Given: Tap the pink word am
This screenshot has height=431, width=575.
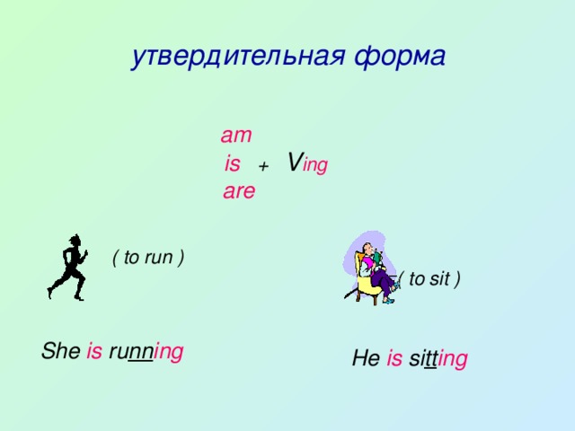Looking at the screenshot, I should coord(235,136).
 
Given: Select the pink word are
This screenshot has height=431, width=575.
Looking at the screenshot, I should coord(239,191).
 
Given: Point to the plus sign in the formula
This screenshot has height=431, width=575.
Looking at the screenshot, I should coord(263,167).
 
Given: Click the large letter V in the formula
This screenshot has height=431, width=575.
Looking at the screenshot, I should coord(294,163).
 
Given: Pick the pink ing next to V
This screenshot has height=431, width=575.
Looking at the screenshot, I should coord(315,166).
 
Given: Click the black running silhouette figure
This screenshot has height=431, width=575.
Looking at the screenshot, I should coord(68,267).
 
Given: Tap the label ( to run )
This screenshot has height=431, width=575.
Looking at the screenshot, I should coord(148,258).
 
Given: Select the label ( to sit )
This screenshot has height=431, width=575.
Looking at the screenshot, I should coord(429,279).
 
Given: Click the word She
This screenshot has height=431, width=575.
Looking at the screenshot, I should coord(60,352).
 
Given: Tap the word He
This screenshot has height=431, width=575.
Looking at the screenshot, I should coord(366,359).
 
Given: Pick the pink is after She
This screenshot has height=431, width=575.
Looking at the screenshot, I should coord(94,352).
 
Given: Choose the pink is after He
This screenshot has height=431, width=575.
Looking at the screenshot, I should coord(394,359).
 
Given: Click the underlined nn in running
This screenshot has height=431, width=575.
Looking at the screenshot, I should coord(139,352).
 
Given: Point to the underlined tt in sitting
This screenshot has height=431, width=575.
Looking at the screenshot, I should coord(430,359).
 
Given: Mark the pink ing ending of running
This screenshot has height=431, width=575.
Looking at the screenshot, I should coord(169,352).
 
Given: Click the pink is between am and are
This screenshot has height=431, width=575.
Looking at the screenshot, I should coord(233,164).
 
